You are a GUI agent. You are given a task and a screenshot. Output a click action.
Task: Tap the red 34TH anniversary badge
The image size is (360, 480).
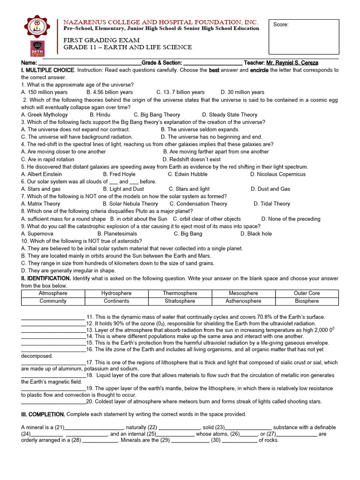pyautogui.click(x=37, y=48)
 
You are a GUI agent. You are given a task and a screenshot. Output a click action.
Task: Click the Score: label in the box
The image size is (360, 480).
pyautogui.click(x=281, y=25)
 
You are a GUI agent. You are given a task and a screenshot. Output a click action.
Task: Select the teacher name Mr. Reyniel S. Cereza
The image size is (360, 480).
pyautogui.click(x=292, y=63)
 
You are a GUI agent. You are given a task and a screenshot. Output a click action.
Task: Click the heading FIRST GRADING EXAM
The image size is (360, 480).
pyautogui.click(x=95, y=40)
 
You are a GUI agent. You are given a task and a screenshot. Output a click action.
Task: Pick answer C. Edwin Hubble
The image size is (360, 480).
pyautogui.click(x=187, y=174)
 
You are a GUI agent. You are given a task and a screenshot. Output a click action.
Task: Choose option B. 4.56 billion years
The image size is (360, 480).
pyautogui.click(x=109, y=92)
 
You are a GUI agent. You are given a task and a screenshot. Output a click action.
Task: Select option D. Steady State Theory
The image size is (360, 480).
pyautogui.click(x=230, y=115)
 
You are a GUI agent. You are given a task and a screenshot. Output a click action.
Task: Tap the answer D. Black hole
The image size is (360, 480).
pyautogui.click(x=256, y=234)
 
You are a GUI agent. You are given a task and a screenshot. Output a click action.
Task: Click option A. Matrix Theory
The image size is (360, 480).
pyautogui.click(x=41, y=204)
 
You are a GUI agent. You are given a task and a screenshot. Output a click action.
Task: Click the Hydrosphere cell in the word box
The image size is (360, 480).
pyautogui.click(x=116, y=293)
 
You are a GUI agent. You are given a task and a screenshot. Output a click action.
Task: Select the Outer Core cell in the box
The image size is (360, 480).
pyautogui.click(x=307, y=293)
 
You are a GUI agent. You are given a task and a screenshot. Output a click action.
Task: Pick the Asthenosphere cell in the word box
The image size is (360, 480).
pyautogui.click(x=243, y=301)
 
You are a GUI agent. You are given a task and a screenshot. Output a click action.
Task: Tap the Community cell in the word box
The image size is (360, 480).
pyautogui.click(x=53, y=301)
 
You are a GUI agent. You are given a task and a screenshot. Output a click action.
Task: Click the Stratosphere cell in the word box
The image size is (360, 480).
pyautogui.click(x=180, y=301)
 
